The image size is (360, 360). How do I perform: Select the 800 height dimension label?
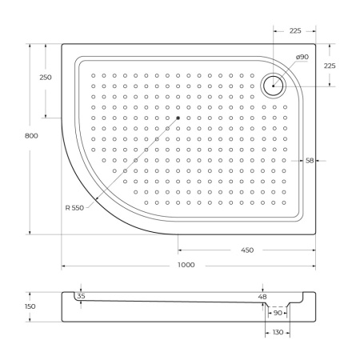(31, 136)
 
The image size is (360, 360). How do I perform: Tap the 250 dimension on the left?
(46, 77)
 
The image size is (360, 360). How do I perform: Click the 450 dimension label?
(246, 250)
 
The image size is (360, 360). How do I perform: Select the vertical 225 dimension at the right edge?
(330, 66)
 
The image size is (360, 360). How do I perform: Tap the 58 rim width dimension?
(309, 160)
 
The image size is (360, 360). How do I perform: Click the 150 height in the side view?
(30, 306)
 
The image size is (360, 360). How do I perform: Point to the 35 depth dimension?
(81, 296)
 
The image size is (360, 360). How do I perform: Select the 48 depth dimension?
(262, 297)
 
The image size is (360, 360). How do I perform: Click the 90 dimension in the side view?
(277, 314)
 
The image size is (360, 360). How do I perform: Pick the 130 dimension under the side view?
(277, 332)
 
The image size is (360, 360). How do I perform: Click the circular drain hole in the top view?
(274, 83)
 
